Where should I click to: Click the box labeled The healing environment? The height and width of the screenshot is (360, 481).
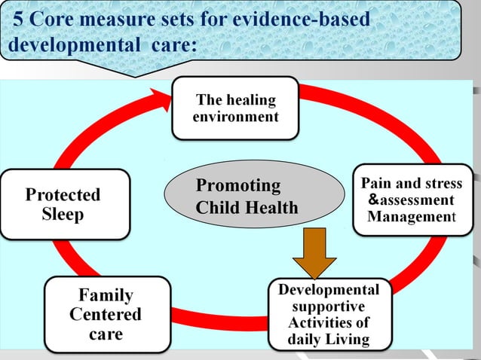(x=235, y=108)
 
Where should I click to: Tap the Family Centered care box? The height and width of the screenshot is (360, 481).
(x=106, y=314)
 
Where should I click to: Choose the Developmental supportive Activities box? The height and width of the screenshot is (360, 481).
(x=329, y=315)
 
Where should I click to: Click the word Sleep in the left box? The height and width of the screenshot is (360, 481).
(x=63, y=214)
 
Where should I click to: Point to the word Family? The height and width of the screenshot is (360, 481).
(x=106, y=295)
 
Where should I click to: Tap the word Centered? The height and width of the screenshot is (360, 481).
(x=106, y=314)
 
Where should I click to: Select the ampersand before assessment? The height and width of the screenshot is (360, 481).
(x=372, y=200)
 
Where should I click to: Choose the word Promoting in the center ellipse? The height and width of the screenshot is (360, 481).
(x=237, y=186)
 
